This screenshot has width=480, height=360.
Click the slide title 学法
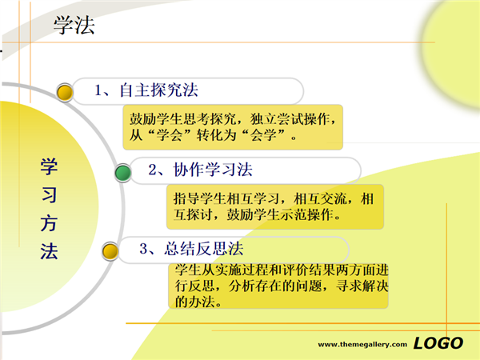(74, 25)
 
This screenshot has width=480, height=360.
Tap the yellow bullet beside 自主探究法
(65, 92)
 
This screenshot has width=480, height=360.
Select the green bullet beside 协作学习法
(123, 173)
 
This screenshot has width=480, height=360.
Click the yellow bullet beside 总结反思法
(110, 251)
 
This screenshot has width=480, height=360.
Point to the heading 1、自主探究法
(146, 90)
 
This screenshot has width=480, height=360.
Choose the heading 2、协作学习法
(201, 170)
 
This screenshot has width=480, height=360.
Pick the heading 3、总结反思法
(191, 249)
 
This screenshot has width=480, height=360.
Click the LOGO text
(438, 343)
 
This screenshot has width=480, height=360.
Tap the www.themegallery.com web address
(362, 344)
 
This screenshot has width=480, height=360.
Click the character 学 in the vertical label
(49, 167)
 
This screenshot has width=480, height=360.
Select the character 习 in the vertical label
(49, 195)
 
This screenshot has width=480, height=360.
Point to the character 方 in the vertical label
(49, 223)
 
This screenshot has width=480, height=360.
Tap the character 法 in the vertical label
(49, 251)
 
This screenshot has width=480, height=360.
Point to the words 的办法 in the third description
(195, 302)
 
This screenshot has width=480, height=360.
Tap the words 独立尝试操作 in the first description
(290, 119)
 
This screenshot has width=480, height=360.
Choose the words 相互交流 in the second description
(320, 198)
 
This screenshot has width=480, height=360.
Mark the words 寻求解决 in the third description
(362, 286)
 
